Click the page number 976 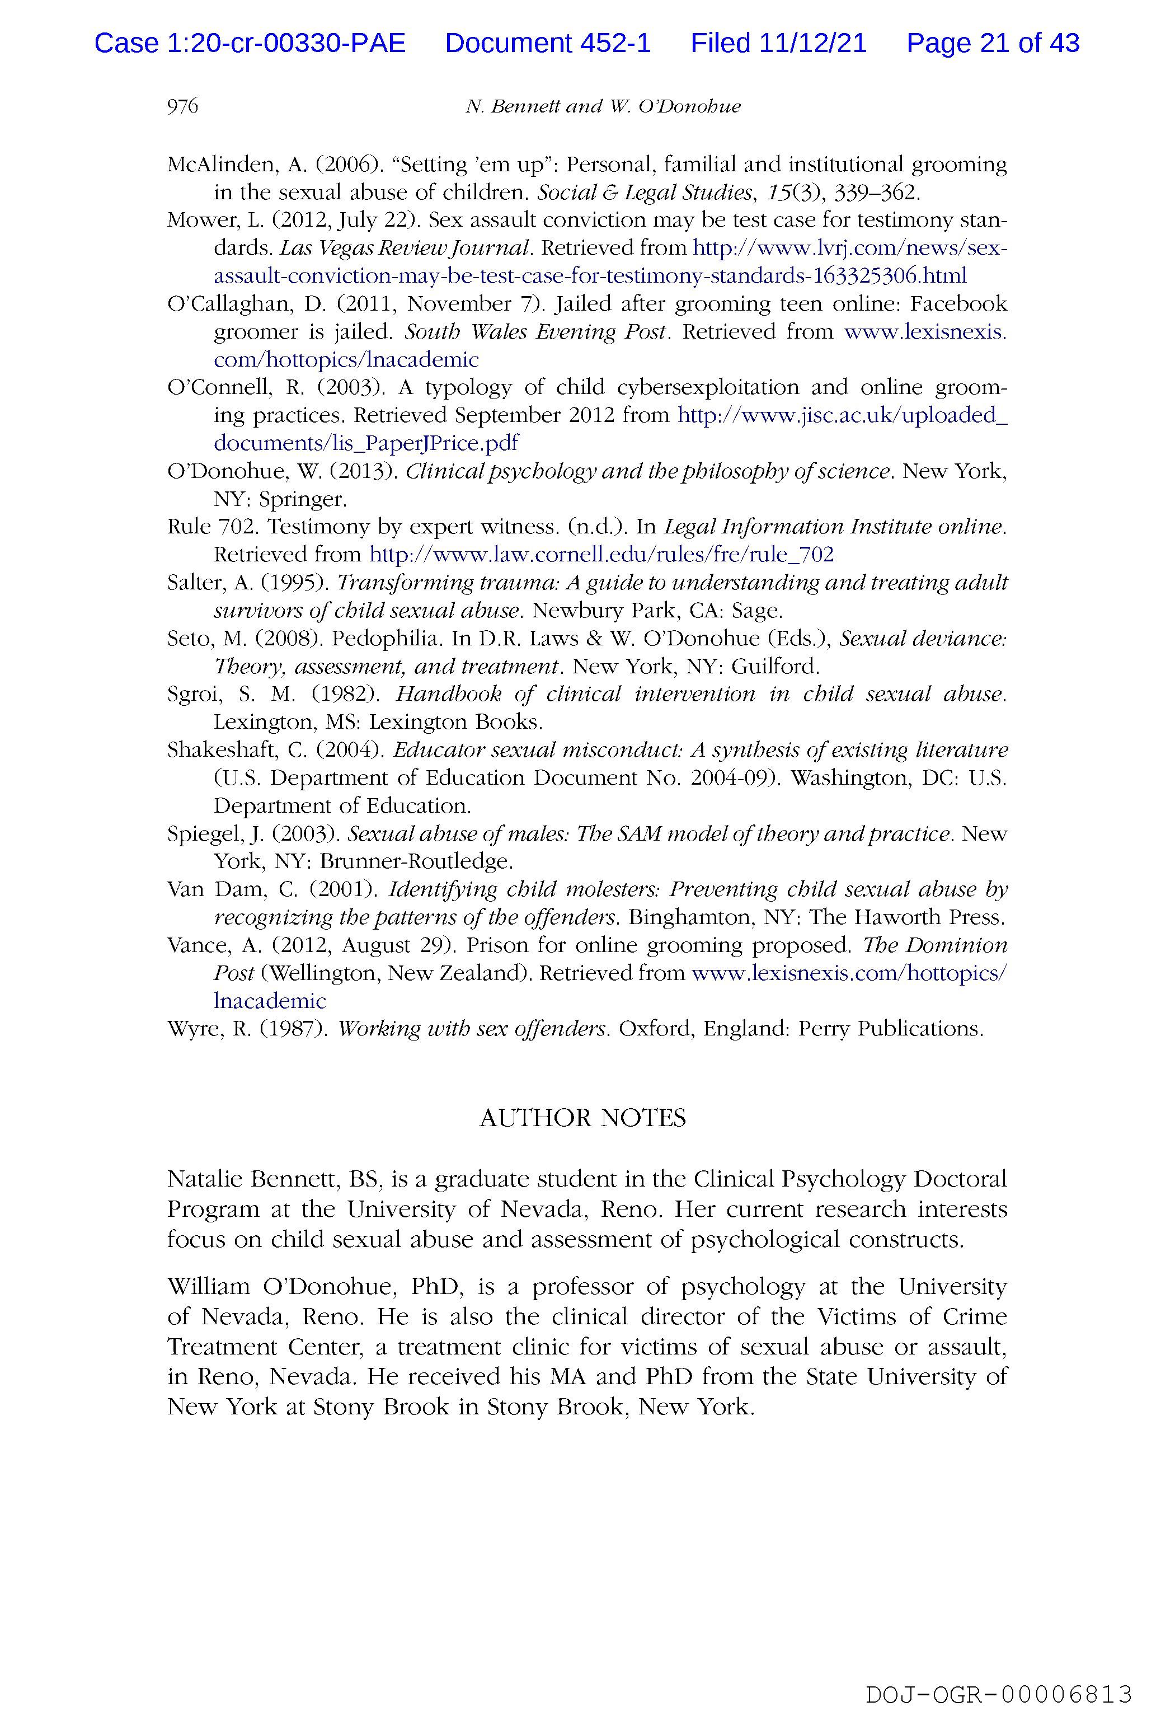point(182,107)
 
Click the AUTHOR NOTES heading point(582,1118)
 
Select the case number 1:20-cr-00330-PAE point(286,44)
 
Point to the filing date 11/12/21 point(814,44)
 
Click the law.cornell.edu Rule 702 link point(601,554)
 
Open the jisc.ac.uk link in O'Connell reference point(842,416)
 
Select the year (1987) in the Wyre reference point(293,1029)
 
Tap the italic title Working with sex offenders point(472,1029)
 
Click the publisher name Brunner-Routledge point(415,861)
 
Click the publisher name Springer point(301,499)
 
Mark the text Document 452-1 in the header point(548,44)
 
